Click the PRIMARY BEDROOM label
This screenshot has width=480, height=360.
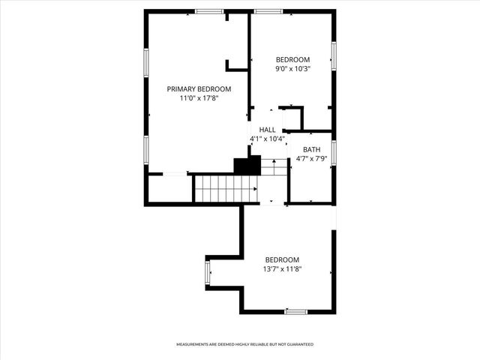[199, 88]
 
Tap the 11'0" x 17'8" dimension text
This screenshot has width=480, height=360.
[199, 97]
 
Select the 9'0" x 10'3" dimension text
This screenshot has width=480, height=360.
[292, 69]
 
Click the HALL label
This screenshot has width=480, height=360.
[267, 130]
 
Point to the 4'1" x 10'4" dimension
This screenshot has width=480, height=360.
[267, 139]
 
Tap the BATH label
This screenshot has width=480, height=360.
[311, 149]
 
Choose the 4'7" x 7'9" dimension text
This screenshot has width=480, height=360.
[311, 158]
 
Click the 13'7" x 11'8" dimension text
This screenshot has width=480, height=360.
[282, 269]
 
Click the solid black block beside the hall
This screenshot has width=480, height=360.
[247, 165]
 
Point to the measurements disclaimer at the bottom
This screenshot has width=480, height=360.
[244, 344]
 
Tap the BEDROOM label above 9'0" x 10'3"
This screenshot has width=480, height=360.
[292, 60]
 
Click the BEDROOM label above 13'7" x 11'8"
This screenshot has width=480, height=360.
[282, 260]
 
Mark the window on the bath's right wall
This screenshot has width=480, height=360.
[334, 151]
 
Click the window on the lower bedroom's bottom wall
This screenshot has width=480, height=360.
[295, 311]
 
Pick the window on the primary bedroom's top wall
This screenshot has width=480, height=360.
[209, 11]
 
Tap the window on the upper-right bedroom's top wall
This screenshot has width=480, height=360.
[268, 11]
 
